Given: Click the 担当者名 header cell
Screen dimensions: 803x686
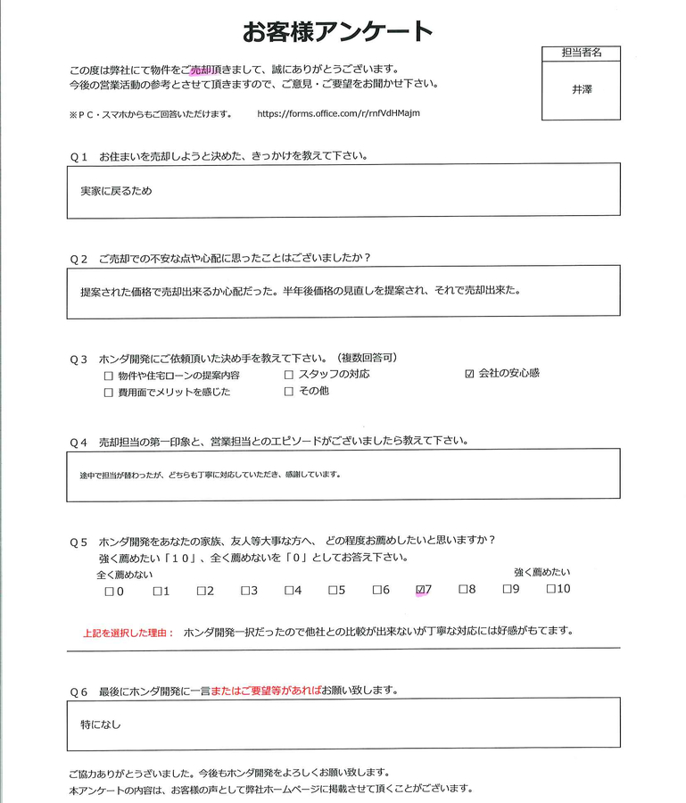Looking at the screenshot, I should pos(581,53).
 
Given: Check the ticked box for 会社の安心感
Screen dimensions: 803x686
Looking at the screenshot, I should pos(469,374).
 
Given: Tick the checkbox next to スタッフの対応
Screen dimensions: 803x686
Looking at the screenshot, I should pos(288,374).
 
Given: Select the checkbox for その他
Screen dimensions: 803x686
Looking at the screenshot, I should pos(288,391).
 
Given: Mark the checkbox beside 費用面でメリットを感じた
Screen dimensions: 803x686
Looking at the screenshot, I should pos(108,393).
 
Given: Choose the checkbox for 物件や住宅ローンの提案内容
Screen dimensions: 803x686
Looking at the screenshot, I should pos(108,376).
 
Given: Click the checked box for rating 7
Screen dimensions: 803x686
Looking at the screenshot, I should pos(421,590).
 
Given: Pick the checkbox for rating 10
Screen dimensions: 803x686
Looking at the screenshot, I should pos(551,589).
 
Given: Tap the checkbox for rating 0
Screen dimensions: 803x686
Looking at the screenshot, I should pos(108,591).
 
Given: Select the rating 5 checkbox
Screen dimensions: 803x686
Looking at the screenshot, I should pos(332,590).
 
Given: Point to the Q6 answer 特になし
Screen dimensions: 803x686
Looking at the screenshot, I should pos(100,724).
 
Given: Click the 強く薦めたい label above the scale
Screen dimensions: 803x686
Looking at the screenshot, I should pos(541,571).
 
